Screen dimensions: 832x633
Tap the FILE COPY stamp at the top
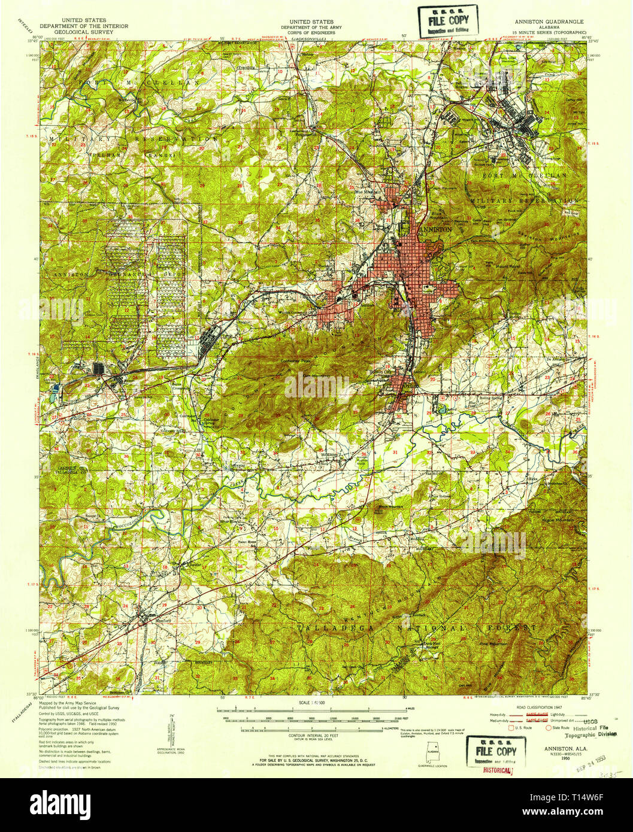point(448,20)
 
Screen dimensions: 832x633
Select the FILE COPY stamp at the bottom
point(496,752)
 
